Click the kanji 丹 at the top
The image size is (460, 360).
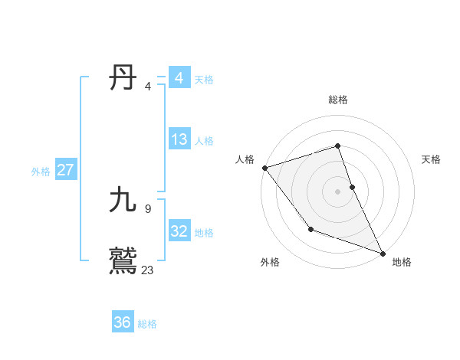pos(123,78)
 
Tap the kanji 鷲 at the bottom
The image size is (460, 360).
pos(123,260)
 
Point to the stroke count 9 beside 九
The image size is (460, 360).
pos(147,208)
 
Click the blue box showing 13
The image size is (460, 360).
pos(179,139)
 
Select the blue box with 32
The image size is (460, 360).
pos(179,231)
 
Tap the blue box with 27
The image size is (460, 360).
pos(65,170)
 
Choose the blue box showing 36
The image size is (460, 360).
pos(123,322)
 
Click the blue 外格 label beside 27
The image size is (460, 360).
pos(41,172)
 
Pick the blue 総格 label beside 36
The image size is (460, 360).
pos(147,324)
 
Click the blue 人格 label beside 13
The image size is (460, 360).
pos(204,141)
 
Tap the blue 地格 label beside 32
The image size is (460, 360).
pos(204,233)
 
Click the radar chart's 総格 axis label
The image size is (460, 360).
pos(338,100)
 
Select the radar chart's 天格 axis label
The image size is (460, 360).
pos(432,159)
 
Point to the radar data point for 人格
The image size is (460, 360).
pos(264,168)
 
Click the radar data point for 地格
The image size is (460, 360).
pos(383,253)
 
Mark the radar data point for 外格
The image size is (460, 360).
pos(310,229)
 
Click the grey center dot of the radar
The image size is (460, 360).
pos(338,191)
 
